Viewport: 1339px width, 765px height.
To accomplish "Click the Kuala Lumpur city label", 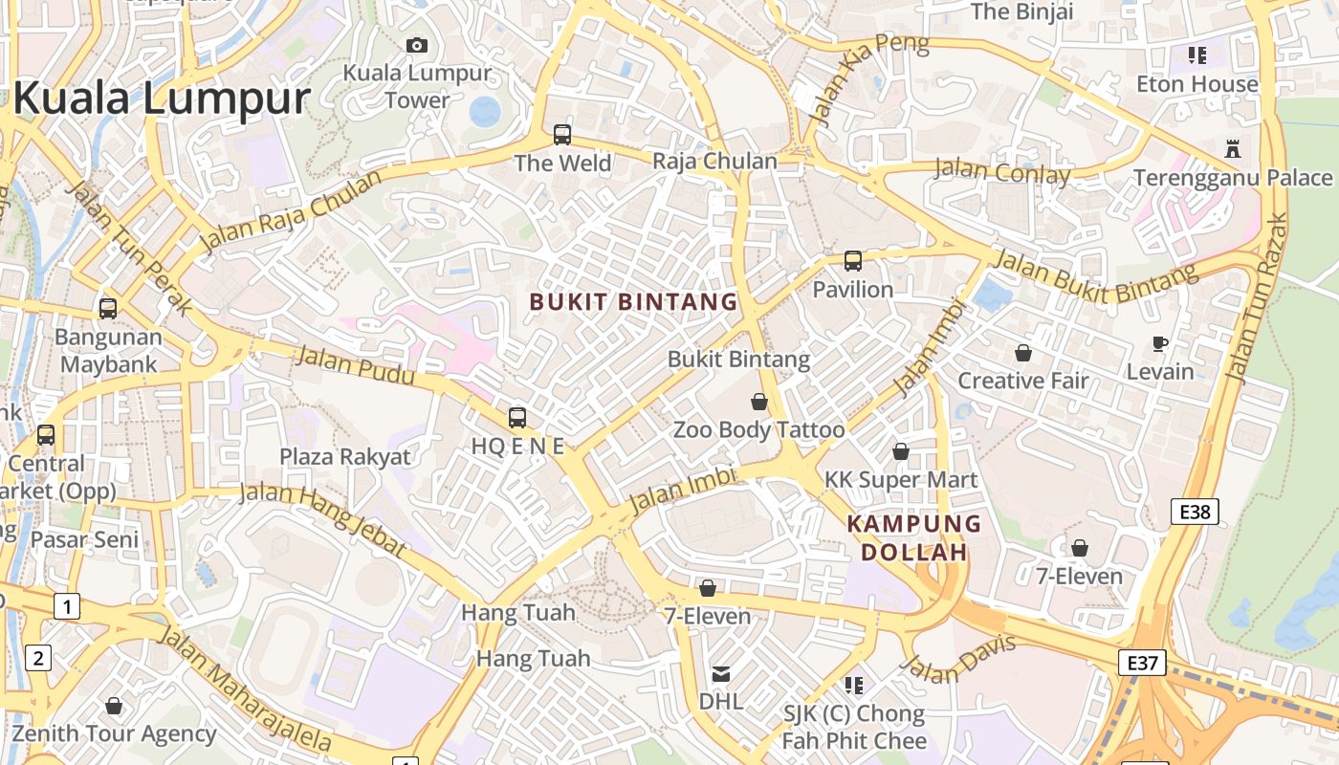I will (x=161, y=98).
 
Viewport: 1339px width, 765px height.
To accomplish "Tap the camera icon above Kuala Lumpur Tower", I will (x=416, y=45).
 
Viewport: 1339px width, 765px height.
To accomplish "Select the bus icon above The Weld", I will (x=562, y=135).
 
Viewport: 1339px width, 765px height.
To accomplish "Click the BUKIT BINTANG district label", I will (x=633, y=302).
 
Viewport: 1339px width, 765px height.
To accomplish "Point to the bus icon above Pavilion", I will (x=852, y=260).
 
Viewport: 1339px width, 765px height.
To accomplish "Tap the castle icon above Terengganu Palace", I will (x=1232, y=149).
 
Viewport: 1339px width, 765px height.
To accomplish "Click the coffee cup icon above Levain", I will (x=1160, y=343).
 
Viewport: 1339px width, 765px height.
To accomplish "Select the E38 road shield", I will (x=1195, y=512).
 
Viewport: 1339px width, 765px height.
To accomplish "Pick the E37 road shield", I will (x=1143, y=662).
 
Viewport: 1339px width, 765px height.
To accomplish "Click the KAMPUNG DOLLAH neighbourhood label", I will (x=914, y=537).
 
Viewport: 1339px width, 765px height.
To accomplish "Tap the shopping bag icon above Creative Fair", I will (x=1023, y=353).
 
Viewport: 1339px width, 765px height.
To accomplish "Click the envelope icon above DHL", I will (x=721, y=674).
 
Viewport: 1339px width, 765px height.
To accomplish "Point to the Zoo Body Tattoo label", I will (x=759, y=429).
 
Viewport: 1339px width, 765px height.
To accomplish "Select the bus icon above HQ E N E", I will (x=517, y=418).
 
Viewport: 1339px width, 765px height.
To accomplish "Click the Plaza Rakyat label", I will (x=344, y=456).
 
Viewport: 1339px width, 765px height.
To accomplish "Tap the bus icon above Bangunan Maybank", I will (x=108, y=309).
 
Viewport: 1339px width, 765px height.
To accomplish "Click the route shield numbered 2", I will (x=38, y=658).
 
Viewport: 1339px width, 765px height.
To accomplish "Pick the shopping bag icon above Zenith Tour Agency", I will (x=114, y=707).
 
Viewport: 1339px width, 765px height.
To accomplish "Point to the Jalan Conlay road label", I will (x=1001, y=173).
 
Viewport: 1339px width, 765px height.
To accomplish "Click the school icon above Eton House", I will (x=1197, y=55).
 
